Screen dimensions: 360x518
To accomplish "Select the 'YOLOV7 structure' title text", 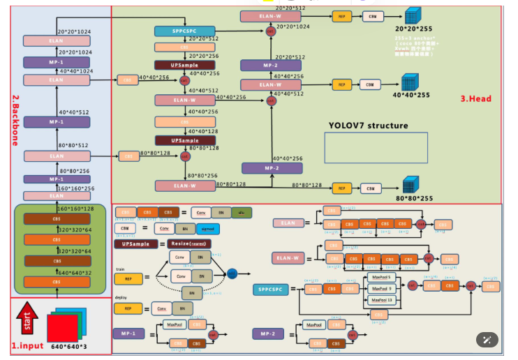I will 369,126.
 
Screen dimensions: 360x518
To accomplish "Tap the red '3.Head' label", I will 475,99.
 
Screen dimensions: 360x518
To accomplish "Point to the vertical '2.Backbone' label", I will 15,120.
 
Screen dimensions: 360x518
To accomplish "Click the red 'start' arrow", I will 27,320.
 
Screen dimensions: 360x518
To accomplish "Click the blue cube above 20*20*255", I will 413,16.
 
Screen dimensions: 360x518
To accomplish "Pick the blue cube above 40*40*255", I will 409,82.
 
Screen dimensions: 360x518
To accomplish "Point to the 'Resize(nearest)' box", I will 188,243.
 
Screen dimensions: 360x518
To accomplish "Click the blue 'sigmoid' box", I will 207,228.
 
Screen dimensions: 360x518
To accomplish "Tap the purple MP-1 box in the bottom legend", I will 133,334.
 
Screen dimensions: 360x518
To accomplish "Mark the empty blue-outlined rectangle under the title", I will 366,147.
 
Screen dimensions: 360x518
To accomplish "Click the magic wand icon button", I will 487,340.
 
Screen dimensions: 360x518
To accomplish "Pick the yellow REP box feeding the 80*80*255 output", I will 341,188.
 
